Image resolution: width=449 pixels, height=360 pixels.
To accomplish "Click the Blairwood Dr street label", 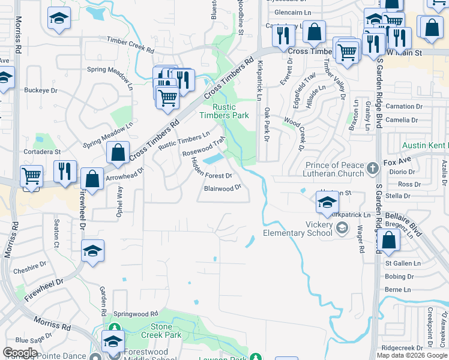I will tap(221, 188).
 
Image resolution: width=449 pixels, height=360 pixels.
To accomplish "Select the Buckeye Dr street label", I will tap(41, 91).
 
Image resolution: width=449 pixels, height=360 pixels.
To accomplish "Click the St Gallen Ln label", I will tap(403, 263).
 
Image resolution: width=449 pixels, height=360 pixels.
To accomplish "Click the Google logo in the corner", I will tap(20, 353).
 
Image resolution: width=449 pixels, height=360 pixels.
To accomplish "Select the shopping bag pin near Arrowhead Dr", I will tap(118, 153).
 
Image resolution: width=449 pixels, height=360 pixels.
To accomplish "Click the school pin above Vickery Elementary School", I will tap(325, 202).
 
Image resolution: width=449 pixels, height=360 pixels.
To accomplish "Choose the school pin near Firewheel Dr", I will tap(93, 251).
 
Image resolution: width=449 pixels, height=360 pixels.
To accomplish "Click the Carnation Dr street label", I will tap(400, 106).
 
